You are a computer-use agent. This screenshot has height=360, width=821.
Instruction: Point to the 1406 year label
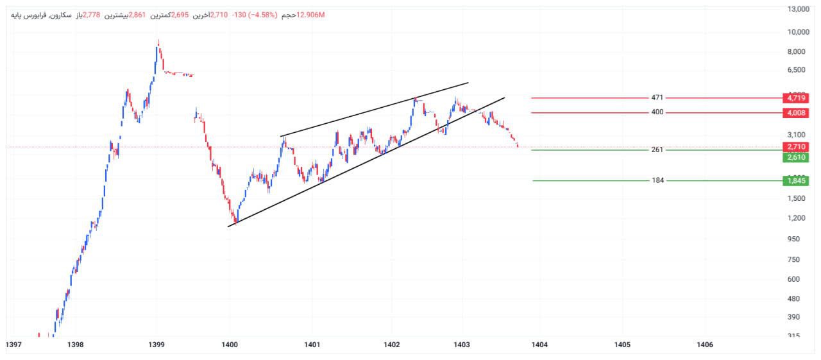tap(704, 345)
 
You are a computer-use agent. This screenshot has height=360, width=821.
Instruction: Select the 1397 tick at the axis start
tap(13, 345)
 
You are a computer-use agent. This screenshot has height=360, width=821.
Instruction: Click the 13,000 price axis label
tap(798, 9)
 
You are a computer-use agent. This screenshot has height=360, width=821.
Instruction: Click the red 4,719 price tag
tap(795, 98)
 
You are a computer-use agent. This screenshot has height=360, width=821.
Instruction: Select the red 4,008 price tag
tap(795, 113)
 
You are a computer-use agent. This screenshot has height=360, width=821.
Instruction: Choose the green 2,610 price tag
tap(795, 157)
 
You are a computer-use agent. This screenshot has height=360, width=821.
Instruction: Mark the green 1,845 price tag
tap(795, 181)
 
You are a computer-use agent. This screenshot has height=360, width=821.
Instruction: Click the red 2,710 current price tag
tap(795, 147)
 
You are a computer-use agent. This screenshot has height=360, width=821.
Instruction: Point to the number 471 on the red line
tap(657, 98)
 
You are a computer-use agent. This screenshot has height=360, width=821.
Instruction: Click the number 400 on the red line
tap(657, 112)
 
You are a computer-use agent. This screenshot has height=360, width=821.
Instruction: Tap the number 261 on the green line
tap(657, 150)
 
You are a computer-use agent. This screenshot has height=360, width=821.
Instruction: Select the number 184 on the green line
tap(657, 180)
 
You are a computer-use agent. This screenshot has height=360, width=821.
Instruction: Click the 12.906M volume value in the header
tap(310, 15)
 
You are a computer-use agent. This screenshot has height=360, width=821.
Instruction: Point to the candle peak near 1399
tap(158, 42)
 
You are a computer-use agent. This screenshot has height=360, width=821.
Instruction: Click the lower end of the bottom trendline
tap(228, 226)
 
